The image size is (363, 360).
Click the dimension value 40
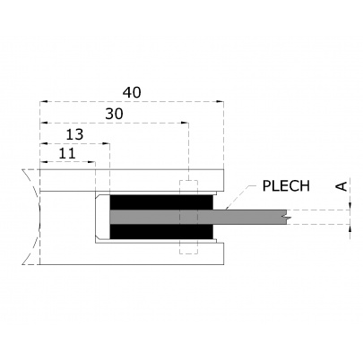pyautogui.click(x=131, y=91)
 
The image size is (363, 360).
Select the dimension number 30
pyautogui.click(x=114, y=114)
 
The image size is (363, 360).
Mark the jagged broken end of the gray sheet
pyautogui.click(x=286, y=216)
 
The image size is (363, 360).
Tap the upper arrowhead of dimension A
pyautogui.click(x=348, y=205)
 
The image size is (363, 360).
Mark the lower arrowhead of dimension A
pyautogui.click(x=348, y=227)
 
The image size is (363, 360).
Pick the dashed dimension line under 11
pyautogui.click(x=67, y=163)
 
